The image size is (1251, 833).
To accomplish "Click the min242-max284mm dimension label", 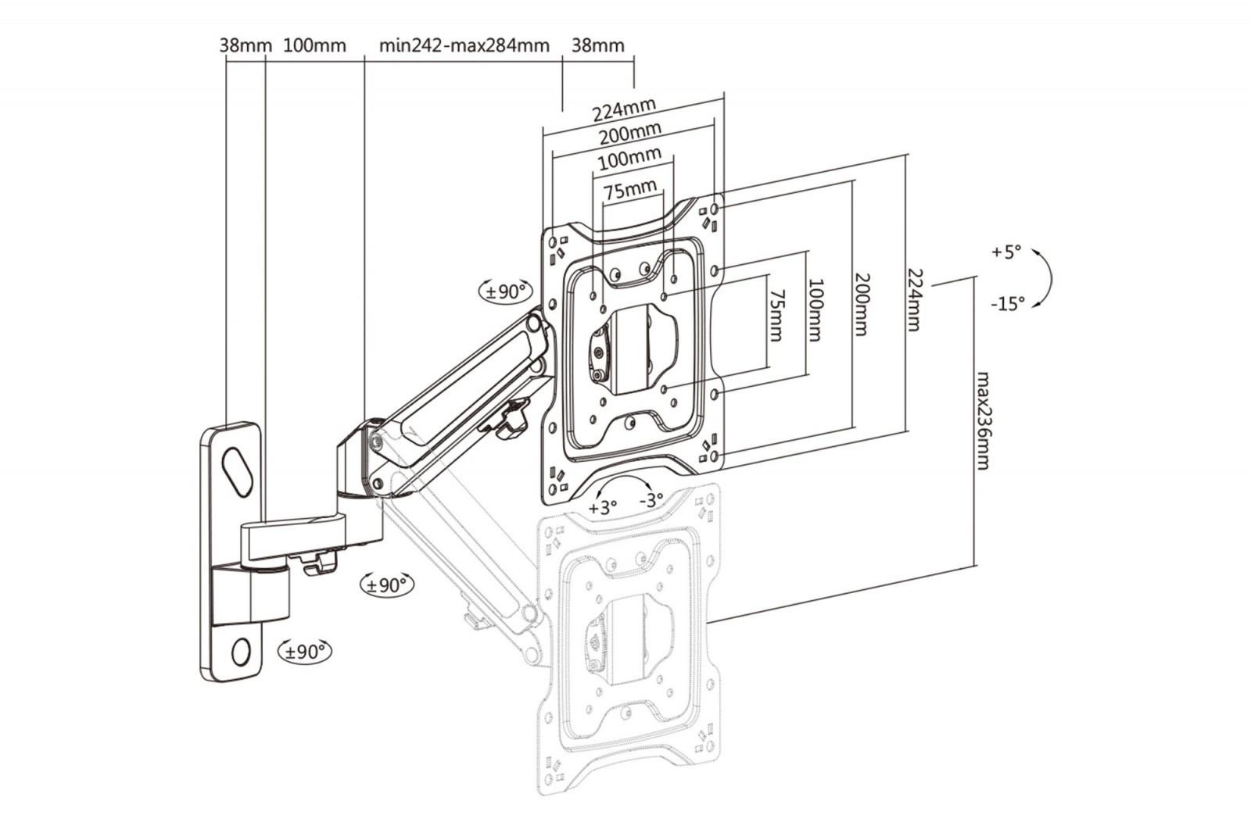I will tap(464, 45).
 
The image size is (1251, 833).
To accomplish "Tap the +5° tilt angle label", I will tap(1006, 252).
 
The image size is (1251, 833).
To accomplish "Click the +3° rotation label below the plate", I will tap(603, 507).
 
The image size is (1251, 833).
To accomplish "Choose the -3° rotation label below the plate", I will tap(651, 499).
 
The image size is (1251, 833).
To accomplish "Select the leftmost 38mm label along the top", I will tap(245, 45).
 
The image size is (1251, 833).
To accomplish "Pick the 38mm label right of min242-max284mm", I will tap(598, 45).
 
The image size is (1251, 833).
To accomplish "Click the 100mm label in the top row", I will tap(314, 45).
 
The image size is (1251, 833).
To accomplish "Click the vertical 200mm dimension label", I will tap(861, 304).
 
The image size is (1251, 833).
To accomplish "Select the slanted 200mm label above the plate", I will tap(629, 134).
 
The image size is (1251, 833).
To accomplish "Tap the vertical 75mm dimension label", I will tap(776, 315).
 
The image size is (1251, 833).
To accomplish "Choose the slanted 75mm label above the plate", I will tap(629, 190).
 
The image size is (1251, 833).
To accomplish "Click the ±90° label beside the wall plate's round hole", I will tap(305, 650).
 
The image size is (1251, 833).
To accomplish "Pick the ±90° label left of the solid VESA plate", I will tap(505, 291).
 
